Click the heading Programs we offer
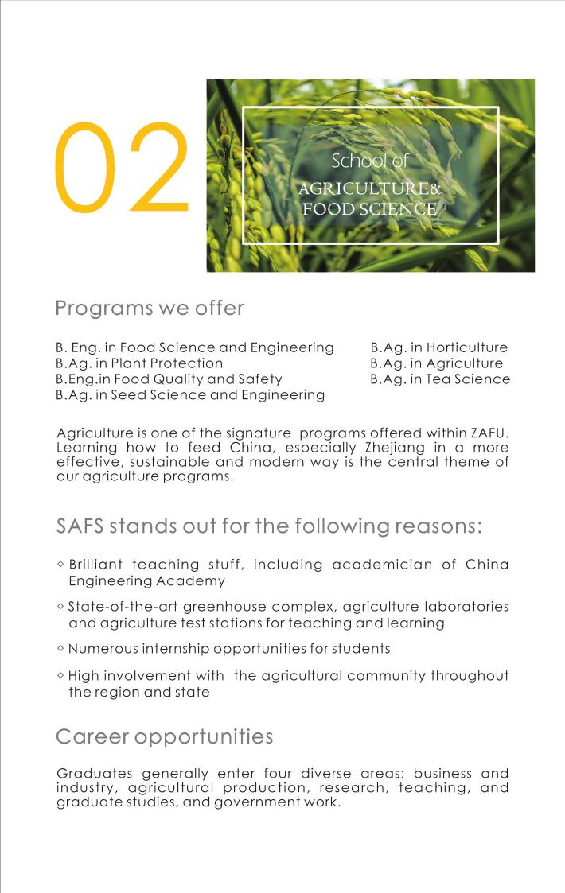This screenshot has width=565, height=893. [150, 308]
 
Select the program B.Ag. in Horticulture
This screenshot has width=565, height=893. [438, 347]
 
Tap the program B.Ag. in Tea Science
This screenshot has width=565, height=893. [440, 379]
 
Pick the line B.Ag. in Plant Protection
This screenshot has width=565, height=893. [139, 363]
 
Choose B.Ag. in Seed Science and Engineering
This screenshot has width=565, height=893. [190, 395]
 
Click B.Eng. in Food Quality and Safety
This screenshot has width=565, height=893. [169, 379]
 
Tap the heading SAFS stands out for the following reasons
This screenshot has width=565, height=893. [270, 526]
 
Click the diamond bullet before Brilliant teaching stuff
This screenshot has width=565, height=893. [61, 564]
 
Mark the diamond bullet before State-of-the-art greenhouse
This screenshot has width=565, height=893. [61, 607]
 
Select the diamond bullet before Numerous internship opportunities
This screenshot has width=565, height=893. [61, 648]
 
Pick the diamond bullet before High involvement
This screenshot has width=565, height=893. [61, 675]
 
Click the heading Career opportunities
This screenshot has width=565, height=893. [165, 736]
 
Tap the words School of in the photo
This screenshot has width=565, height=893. [369, 161]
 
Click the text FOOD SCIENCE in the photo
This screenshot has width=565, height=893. [369, 210]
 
